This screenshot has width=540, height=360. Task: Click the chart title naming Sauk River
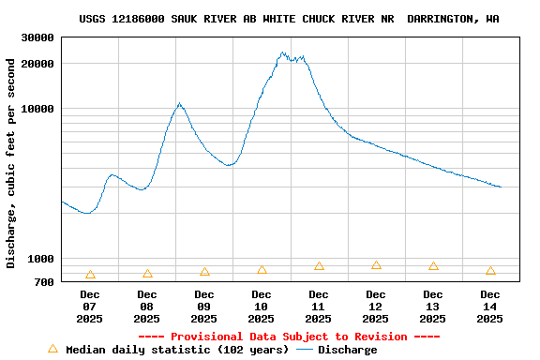pyautogui.click(x=289, y=19)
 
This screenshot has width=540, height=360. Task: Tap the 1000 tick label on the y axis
pyautogui.click(x=42, y=259)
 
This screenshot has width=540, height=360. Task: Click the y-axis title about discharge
pyautogui.click(x=11, y=163)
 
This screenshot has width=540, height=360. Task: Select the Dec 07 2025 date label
pyautogui.click(x=90, y=307)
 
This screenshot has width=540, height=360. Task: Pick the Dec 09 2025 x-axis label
pyautogui.click(x=204, y=307)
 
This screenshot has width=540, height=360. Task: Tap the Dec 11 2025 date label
pyautogui.click(x=319, y=307)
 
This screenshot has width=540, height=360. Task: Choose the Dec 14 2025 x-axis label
pyautogui.click(x=490, y=307)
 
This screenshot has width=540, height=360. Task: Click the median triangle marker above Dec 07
pyautogui.click(x=90, y=275)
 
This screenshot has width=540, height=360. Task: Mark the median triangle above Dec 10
pyautogui.click(x=262, y=270)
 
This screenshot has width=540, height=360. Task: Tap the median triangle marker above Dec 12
pyautogui.click(x=376, y=265)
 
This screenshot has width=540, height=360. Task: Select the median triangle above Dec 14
pyautogui.click(x=490, y=271)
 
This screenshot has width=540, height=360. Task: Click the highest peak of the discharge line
pyautogui.click(x=282, y=53)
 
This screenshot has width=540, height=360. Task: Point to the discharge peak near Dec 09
pyautogui.click(x=179, y=103)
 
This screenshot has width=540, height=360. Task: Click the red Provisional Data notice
pyautogui.click(x=289, y=337)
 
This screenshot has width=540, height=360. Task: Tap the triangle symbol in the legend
pyautogui.click(x=52, y=349)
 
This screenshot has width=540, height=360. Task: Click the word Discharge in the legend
pyautogui.click(x=348, y=350)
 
